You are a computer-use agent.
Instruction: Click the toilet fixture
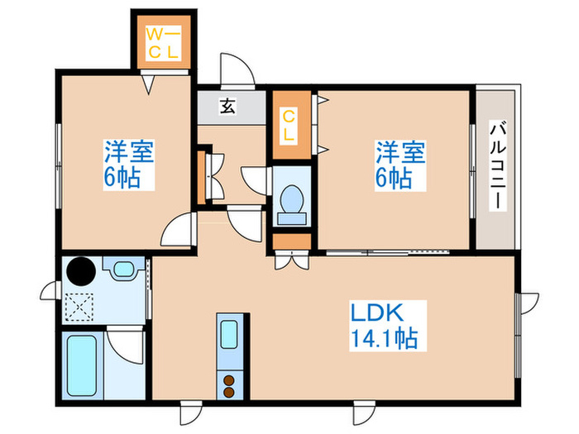291,201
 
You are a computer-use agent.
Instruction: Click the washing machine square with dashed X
80,306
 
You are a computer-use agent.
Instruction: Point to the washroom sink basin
123,270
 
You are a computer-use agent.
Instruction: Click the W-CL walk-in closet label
163,42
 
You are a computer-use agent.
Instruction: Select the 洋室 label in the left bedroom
128,152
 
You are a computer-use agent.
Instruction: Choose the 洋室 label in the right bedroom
401,152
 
